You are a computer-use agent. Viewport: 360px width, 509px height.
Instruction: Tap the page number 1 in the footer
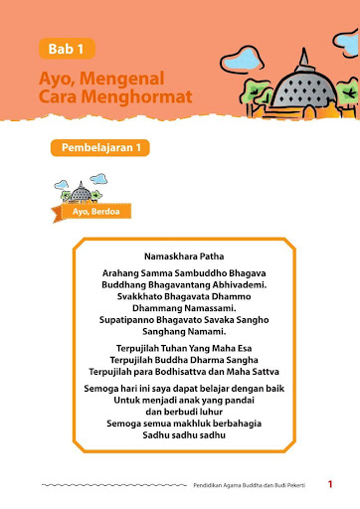(329, 484)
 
